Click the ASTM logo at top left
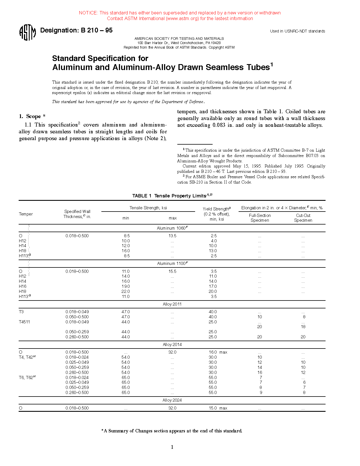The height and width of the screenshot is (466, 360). [27, 32]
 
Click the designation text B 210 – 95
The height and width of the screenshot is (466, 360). [76, 30]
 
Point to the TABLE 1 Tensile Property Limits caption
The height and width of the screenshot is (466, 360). [172, 196]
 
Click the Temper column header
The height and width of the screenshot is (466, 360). [26, 214]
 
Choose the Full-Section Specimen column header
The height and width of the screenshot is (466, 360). [260, 218]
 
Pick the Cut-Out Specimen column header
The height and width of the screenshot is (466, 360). [303, 218]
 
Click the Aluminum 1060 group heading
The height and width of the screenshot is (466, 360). [172, 228]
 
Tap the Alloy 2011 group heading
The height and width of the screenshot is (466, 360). [172, 304]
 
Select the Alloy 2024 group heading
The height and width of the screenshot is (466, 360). [172, 400]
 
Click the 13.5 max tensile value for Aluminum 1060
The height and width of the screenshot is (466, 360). [172, 236]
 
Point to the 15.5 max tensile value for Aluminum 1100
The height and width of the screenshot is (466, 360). [172, 271]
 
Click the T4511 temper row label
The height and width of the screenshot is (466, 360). [24, 322]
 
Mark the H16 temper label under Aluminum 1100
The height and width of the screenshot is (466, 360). [23, 286]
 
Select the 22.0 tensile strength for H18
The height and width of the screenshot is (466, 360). [126, 291]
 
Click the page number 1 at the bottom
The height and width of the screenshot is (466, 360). [172, 447]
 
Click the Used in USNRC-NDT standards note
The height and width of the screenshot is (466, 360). [297, 31]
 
